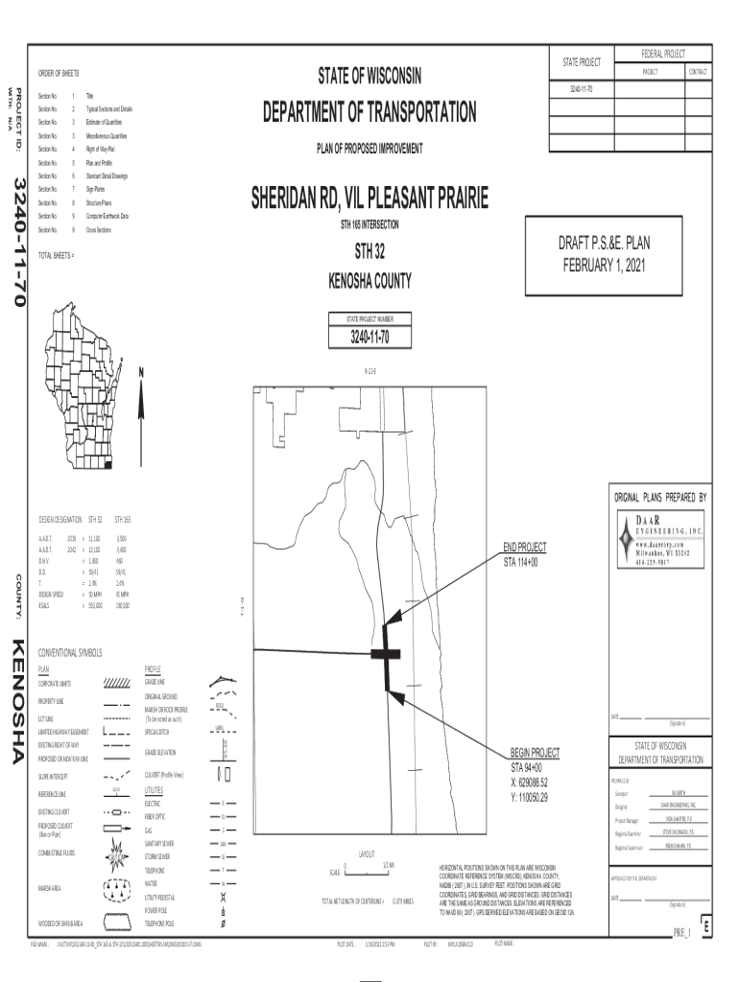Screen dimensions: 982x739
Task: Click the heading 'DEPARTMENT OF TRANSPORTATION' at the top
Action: (369, 113)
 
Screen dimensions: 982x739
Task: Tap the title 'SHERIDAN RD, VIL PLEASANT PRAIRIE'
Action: (369, 199)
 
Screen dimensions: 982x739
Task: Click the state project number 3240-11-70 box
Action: (369, 337)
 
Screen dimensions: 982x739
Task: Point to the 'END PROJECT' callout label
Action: (524, 548)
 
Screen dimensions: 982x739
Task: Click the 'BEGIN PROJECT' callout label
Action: (535, 754)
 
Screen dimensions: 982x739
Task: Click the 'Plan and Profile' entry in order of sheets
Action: (99, 163)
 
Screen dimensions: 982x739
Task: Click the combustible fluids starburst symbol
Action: (116, 850)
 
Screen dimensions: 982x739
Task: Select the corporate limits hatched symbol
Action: (116, 683)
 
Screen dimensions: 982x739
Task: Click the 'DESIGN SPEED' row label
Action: (52, 596)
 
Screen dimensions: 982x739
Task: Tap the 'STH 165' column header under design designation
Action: (123, 519)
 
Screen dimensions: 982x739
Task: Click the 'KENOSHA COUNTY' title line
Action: (369, 281)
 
